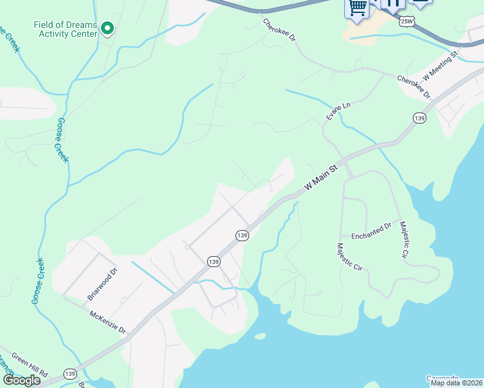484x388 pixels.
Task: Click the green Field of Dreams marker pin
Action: coord(108,28)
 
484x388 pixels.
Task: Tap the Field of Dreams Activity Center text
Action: coord(65,29)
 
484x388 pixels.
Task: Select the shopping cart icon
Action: coord(357,7)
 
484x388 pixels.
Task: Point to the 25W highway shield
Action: coord(406,21)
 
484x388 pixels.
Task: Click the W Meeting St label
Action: coord(440,63)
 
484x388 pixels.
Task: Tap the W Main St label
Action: coord(321,177)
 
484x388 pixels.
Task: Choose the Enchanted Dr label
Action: coord(371,230)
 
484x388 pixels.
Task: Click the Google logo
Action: coord(21,380)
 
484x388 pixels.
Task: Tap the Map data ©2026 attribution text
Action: coord(456,383)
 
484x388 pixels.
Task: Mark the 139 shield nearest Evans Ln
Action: coord(419,118)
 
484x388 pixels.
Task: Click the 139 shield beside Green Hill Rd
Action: coord(71,374)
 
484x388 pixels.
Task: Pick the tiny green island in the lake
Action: coord(260,336)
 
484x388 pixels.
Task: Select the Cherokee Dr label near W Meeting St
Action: coord(413,87)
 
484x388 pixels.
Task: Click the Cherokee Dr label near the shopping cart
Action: coord(280,30)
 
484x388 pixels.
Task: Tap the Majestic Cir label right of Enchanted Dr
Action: coord(404,240)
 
